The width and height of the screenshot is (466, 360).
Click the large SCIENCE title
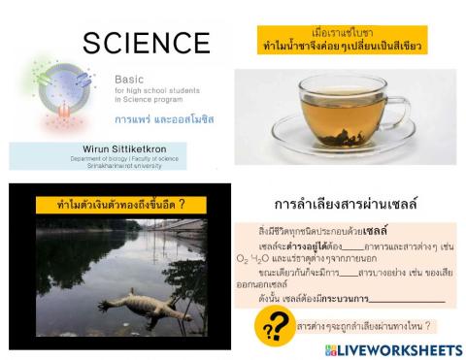click(x=146, y=43)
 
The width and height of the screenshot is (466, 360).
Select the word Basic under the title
click(x=129, y=78)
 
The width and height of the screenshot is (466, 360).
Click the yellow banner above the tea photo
click(x=344, y=40)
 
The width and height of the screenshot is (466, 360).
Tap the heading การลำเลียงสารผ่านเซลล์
click(x=346, y=205)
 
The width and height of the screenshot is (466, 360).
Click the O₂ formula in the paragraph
click(x=242, y=259)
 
